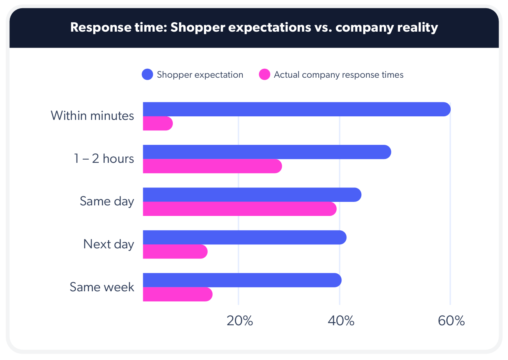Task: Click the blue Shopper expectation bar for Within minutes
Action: [x=297, y=109]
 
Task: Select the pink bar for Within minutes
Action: [x=158, y=123]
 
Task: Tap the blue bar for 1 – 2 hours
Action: [x=267, y=152]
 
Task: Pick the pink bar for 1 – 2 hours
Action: [x=212, y=166]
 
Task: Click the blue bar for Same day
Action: [x=252, y=195]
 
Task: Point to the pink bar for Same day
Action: [x=240, y=209]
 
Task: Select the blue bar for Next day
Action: [x=245, y=237]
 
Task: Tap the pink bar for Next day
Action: [x=175, y=252]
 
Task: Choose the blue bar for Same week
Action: [x=242, y=280]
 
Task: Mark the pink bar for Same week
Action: [x=178, y=294]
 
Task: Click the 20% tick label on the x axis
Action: [x=240, y=321]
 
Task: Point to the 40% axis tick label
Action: [x=341, y=321]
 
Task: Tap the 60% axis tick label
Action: [x=451, y=321]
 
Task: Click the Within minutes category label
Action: [x=92, y=116]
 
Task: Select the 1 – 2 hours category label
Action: [x=104, y=159]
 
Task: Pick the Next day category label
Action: [x=108, y=244]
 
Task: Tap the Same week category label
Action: [x=102, y=287]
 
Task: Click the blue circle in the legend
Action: [x=147, y=75]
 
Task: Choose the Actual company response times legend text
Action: [x=338, y=75]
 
